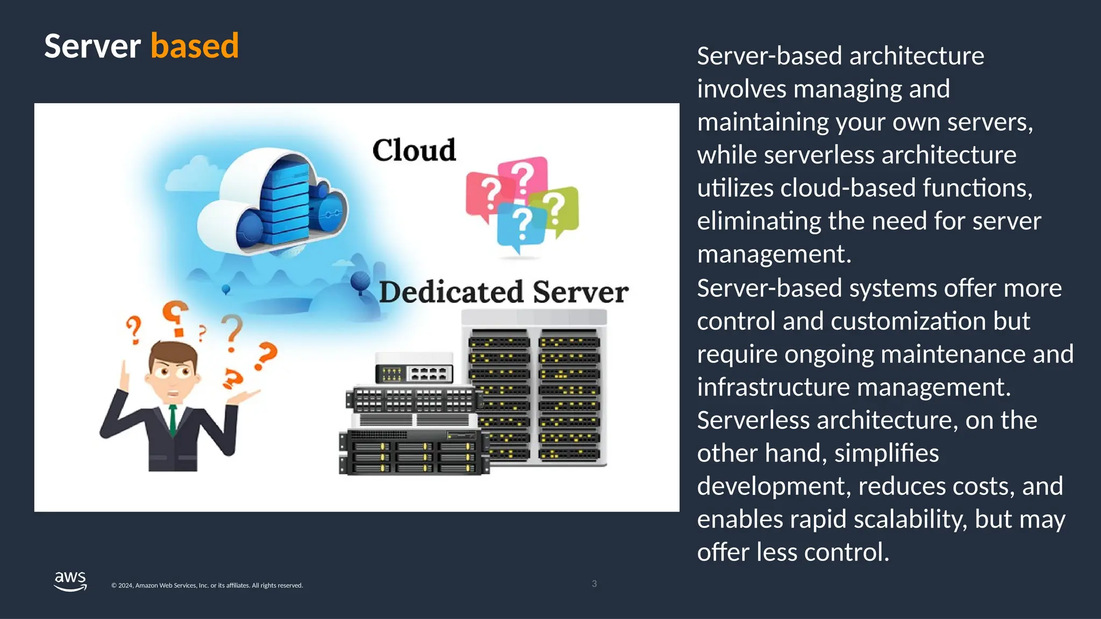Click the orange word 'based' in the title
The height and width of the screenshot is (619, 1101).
click(195, 46)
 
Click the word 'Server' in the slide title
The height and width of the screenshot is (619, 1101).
click(92, 46)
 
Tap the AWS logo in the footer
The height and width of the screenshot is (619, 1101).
click(70, 581)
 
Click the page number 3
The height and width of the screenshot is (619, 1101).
click(594, 584)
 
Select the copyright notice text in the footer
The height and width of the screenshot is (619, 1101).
click(207, 585)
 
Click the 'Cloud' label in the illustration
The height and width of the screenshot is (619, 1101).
click(414, 150)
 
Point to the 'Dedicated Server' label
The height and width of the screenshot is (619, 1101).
click(504, 292)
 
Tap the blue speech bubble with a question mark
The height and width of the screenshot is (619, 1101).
click(520, 226)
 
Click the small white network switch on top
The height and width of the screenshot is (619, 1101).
click(414, 368)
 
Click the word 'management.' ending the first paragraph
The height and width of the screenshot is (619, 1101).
click(774, 254)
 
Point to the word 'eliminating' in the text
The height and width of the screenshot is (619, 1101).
click(759, 221)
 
